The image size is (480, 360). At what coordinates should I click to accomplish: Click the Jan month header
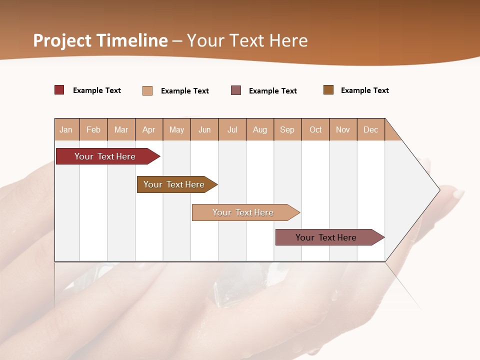pyautogui.click(x=66, y=130)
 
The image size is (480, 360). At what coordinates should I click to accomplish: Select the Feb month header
pyautogui.click(x=93, y=130)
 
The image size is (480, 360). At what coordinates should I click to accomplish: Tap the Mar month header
pyautogui.click(x=121, y=130)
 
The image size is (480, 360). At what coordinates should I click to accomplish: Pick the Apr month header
pyautogui.click(x=149, y=130)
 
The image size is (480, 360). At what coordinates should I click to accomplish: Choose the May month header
pyautogui.click(x=176, y=130)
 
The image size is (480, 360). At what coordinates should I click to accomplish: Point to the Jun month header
pyautogui.click(x=204, y=130)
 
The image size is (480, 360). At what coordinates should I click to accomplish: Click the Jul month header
pyautogui.click(x=232, y=130)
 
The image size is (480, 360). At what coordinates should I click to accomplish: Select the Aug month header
pyautogui.click(x=260, y=130)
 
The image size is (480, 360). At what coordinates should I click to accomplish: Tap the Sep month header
pyautogui.click(x=287, y=130)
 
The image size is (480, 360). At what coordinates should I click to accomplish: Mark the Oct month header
pyautogui.click(x=315, y=130)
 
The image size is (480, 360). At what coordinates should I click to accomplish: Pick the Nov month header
pyautogui.click(x=343, y=130)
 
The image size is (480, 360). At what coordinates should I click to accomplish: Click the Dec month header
pyautogui.click(x=371, y=130)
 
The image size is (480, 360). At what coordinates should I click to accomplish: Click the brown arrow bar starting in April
pyautogui.click(x=174, y=184)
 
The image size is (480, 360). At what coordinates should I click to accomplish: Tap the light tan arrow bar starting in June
pyautogui.click(x=243, y=212)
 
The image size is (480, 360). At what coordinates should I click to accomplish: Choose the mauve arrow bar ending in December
pyautogui.click(x=326, y=237)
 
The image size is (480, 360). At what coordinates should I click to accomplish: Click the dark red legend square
pyautogui.click(x=59, y=90)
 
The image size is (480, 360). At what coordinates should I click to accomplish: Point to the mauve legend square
pyautogui.click(x=236, y=90)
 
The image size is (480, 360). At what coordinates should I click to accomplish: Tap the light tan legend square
pyautogui.click(x=147, y=90)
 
